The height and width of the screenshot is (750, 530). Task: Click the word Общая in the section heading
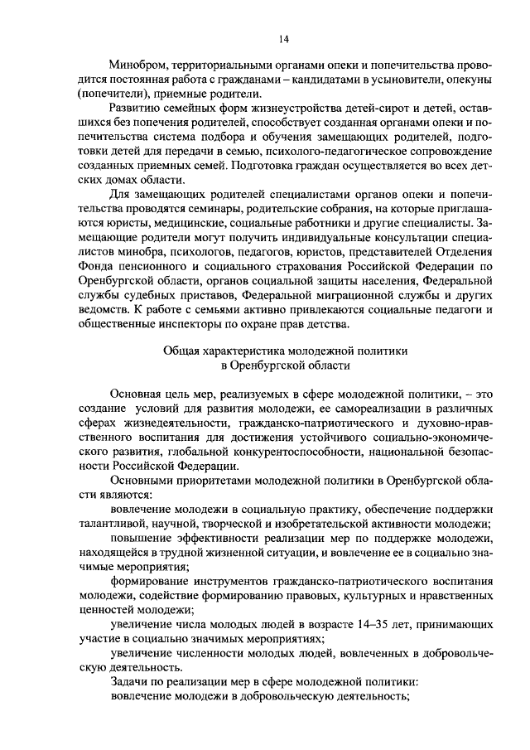click(182, 352)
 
